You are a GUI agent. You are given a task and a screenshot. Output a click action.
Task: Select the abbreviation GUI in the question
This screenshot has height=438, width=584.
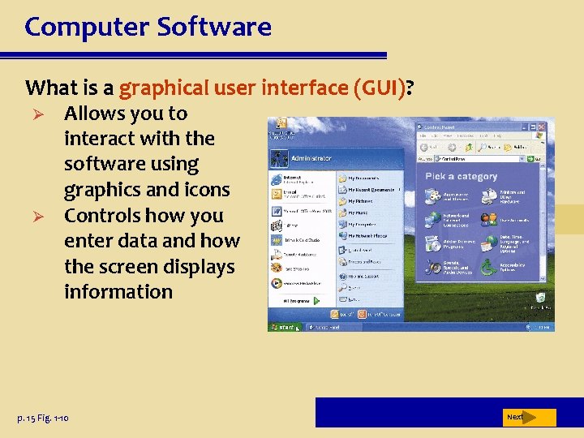tap(383, 87)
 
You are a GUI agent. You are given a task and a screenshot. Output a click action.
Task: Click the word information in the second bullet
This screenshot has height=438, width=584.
tap(118, 292)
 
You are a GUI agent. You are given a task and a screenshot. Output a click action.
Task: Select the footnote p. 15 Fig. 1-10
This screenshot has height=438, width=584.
tap(42, 418)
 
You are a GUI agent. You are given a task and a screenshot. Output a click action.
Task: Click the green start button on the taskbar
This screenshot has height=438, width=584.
tap(283, 327)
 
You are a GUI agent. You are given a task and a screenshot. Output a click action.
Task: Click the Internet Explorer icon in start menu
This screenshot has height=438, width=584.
tap(276, 178)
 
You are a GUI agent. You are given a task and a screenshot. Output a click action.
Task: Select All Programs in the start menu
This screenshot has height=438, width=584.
tap(297, 300)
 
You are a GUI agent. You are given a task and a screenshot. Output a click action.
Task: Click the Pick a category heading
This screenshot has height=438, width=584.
tap(461, 177)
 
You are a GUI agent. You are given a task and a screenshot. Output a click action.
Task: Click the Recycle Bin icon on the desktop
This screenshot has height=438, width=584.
tap(539, 298)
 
